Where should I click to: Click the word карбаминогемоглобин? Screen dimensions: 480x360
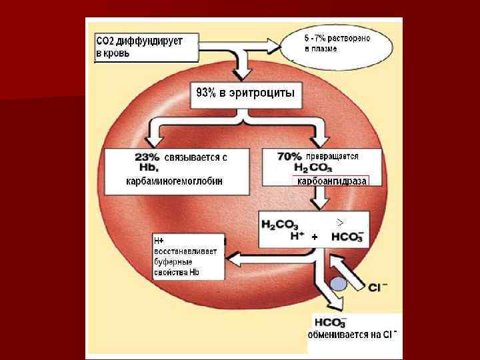[174, 181]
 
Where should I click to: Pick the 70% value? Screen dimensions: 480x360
[290, 156]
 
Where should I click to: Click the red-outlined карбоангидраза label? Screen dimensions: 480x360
[332, 181]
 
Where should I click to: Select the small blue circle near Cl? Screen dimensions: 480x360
[339, 284]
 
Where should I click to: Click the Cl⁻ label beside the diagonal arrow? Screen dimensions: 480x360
[378, 287]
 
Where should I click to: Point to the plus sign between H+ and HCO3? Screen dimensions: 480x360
[315, 237]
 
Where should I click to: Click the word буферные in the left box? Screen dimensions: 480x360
[172, 263]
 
